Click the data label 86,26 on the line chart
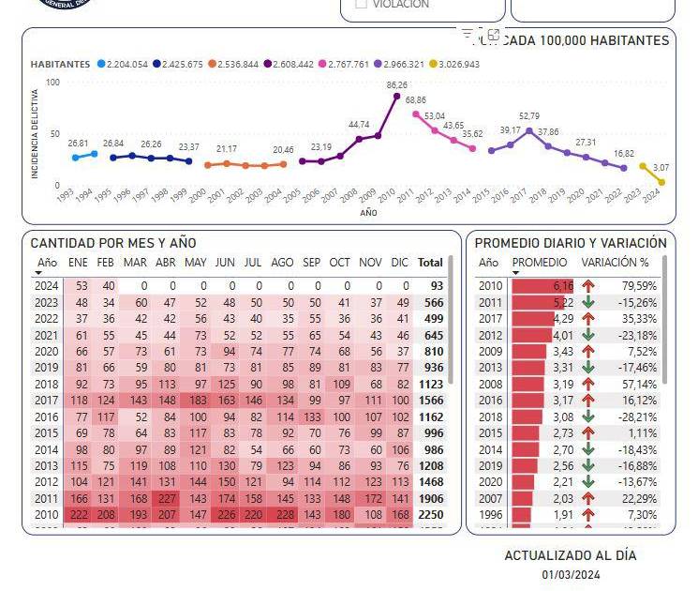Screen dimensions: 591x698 point(396,84)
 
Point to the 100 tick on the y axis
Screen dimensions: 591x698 point(52,83)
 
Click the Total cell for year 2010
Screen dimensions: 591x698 point(431,515)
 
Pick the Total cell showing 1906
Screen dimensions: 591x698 point(431,498)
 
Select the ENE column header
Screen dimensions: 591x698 point(78,263)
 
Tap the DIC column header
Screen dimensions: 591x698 point(400,263)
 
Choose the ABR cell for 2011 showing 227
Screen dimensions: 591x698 point(167,498)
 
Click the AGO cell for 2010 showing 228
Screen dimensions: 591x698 point(282,515)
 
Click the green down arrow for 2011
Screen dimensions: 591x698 point(588,302)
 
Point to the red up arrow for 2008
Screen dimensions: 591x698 point(588,383)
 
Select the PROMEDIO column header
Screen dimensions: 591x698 point(541,263)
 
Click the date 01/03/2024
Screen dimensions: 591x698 point(571,574)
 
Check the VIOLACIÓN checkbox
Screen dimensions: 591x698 point(361,4)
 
